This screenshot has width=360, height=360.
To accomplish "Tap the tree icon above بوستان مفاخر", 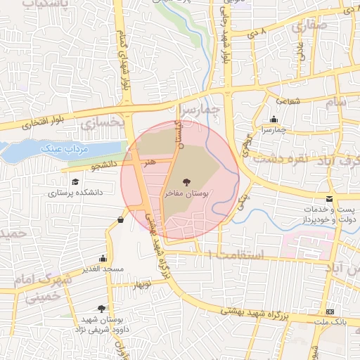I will [186, 181].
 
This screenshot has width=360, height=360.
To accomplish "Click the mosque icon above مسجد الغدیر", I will [104, 258].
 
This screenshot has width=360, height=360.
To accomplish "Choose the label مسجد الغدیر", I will [103, 269].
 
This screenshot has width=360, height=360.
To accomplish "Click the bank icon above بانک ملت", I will [330, 311].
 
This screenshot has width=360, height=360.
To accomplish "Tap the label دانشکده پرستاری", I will [76, 191].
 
